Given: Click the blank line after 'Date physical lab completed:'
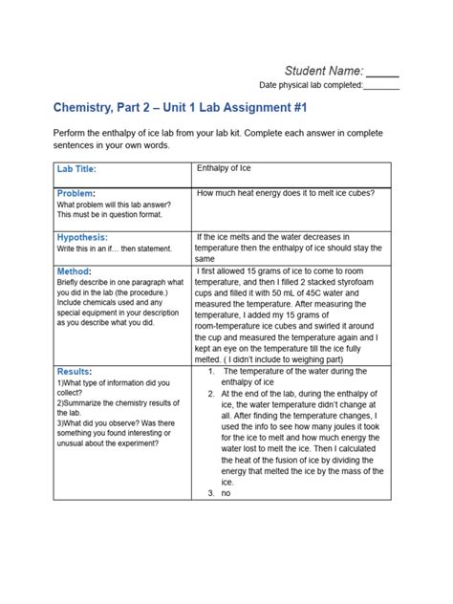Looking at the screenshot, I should point(381,86).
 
